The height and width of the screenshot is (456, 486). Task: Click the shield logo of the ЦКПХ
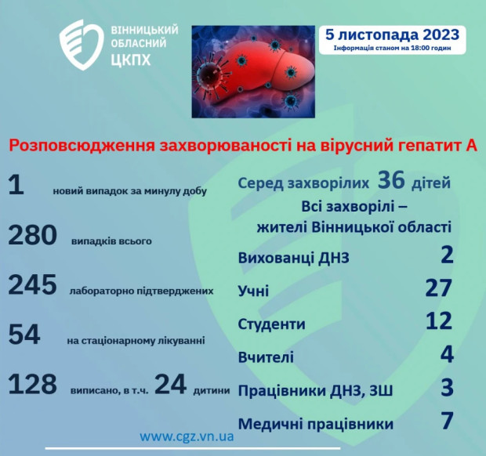[x=82, y=45]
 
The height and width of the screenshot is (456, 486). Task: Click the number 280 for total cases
[x=33, y=234]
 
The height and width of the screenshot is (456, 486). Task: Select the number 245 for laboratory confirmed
[x=33, y=285]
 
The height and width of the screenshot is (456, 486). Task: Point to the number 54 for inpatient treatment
[x=25, y=335]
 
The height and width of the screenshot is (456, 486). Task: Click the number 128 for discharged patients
[x=33, y=384]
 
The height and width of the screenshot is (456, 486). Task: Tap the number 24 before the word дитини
[x=171, y=384]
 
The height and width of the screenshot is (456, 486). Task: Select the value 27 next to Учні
[x=438, y=288]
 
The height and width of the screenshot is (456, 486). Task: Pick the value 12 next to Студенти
[x=438, y=320]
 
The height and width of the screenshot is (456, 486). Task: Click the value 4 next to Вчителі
[x=447, y=354]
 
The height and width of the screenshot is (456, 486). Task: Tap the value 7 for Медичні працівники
[x=447, y=421]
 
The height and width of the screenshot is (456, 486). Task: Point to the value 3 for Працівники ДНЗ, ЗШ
[x=447, y=388]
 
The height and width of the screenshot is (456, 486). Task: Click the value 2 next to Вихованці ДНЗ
[x=447, y=255]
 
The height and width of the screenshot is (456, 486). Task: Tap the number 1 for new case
[x=16, y=185]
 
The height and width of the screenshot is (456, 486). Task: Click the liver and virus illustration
[x=252, y=71]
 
